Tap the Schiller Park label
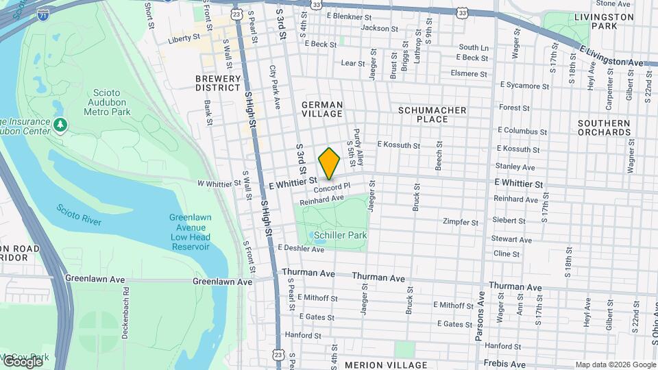click(341, 235)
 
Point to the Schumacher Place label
click(432, 114)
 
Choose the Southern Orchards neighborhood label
click(603, 127)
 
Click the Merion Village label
click(386, 365)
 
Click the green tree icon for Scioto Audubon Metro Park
click(61, 125)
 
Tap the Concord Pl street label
click(333, 187)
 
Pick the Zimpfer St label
click(461, 222)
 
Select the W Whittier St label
click(216, 184)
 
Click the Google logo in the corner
click(23, 361)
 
